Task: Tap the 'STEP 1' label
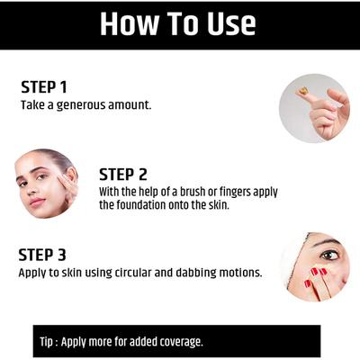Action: pyautogui.click(x=44, y=87)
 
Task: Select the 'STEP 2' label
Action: pyautogui.click(x=123, y=174)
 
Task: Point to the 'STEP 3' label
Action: pyautogui.click(x=44, y=254)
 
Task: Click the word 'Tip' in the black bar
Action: pyautogui.click(x=49, y=342)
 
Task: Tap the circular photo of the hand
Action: pyautogui.click(x=314, y=107)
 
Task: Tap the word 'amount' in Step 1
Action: pyautogui.click(x=131, y=104)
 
